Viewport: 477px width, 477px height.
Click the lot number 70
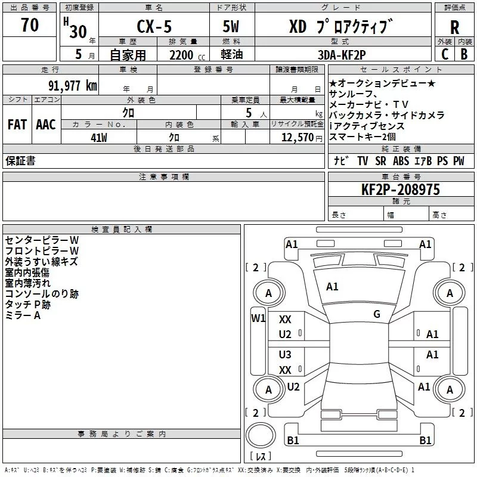(30, 26)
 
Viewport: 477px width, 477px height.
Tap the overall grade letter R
(454, 27)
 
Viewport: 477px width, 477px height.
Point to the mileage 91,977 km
(73, 85)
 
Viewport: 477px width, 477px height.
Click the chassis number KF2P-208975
(401, 190)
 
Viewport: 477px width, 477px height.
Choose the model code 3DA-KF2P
(341, 55)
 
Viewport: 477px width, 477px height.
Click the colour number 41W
(99, 137)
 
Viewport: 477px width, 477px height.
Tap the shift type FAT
(17, 125)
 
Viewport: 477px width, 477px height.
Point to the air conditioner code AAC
(46, 125)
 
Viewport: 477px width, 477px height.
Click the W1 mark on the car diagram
(258, 318)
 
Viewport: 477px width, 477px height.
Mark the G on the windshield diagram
(377, 314)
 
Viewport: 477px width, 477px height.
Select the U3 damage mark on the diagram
(285, 355)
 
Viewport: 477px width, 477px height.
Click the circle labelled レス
(261, 441)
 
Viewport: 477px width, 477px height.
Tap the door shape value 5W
(232, 27)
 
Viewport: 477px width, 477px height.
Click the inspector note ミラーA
(23, 315)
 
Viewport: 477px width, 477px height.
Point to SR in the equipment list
(380, 161)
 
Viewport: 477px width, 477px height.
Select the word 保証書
(20, 161)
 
